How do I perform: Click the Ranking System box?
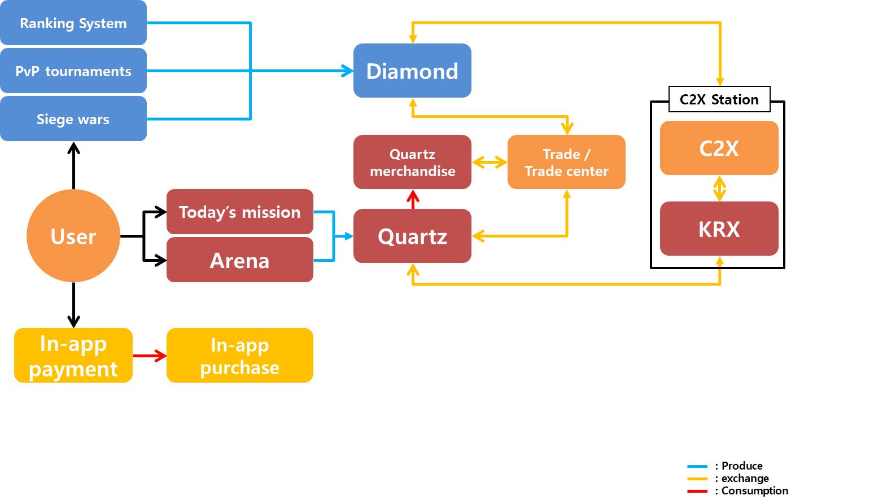[x=73, y=23]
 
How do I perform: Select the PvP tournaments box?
[x=73, y=71]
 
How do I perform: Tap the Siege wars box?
[x=73, y=119]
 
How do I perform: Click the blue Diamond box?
[x=412, y=71]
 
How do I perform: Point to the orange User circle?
[x=73, y=236]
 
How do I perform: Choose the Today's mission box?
[x=239, y=212]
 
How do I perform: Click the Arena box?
[x=239, y=260]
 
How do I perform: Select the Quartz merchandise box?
[x=412, y=162]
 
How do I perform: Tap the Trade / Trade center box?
[x=566, y=162]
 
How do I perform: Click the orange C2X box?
[x=719, y=148]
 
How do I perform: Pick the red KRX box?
[x=719, y=229]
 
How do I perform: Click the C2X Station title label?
[x=719, y=99]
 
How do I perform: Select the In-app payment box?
[x=73, y=355]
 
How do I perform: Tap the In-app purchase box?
[x=239, y=355]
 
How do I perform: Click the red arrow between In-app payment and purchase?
[x=150, y=356]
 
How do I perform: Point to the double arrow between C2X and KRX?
[x=719, y=189]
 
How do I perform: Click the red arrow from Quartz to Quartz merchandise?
[x=413, y=200]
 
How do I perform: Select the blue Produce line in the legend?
[x=697, y=466]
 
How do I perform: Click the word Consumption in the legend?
[x=755, y=491]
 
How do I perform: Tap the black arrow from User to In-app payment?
[x=73, y=305]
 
